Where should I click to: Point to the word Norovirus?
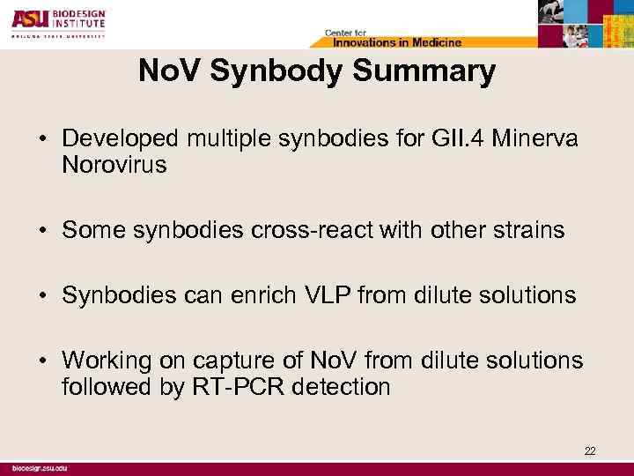point(114,166)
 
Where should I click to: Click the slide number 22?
point(589,451)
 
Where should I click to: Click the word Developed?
point(118,141)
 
